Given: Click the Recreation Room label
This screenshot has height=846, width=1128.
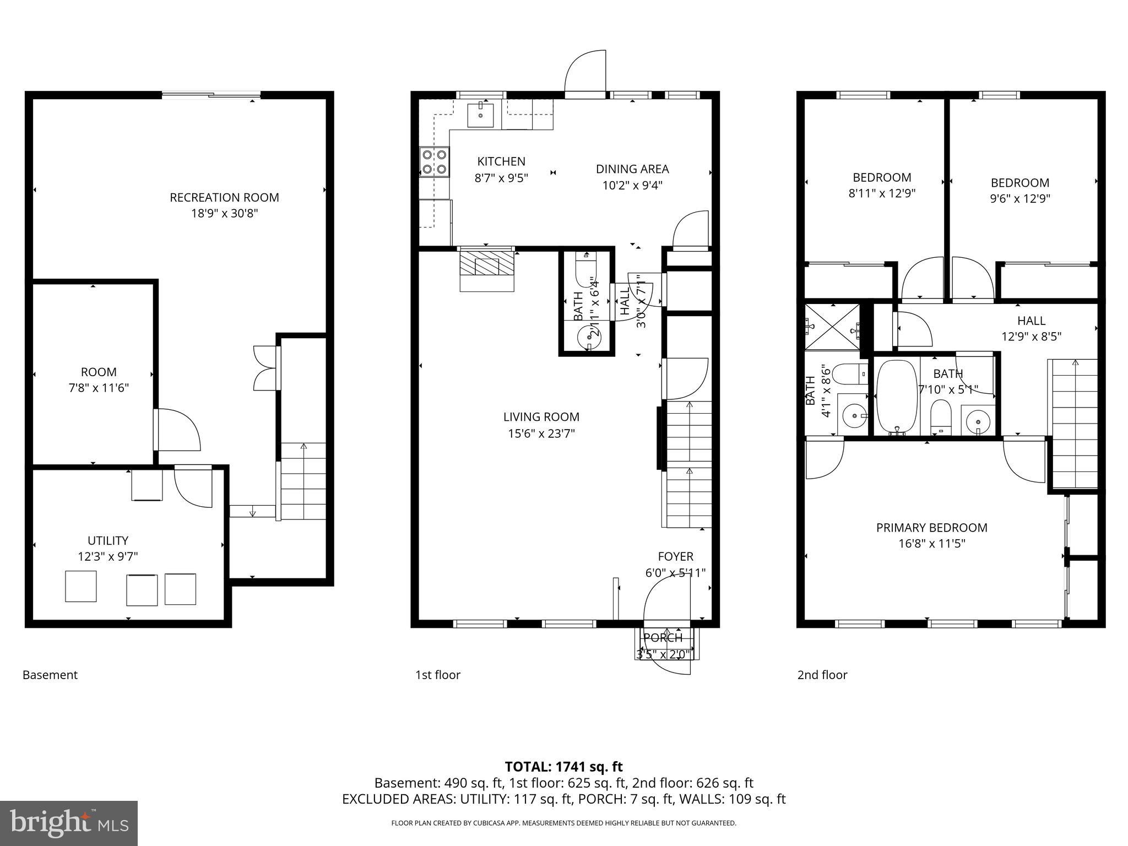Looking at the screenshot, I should click(224, 197).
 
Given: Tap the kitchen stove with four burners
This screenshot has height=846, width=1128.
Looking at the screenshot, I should click(434, 162).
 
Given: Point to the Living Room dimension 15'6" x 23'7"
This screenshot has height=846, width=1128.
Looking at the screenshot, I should click(541, 433).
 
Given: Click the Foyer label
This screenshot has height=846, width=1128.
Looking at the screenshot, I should click(675, 556).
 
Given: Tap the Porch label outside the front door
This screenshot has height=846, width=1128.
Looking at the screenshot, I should click(663, 638).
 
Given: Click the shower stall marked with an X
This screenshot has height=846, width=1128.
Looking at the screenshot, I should click(832, 327).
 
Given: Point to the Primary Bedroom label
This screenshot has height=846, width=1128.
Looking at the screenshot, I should click(931, 528).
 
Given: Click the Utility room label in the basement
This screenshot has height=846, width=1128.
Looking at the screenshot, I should click(108, 540).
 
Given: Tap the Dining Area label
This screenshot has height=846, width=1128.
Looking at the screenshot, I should click(632, 169).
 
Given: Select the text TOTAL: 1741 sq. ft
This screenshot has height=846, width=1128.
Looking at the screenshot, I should click(563, 767).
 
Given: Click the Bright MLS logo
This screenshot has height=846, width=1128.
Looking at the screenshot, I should click(69, 823).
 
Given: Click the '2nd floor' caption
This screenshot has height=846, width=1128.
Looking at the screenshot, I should click(822, 675).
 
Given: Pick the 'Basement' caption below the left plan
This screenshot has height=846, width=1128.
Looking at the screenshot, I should click(50, 675).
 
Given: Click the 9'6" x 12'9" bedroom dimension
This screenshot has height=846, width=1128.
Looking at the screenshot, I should click(1019, 199).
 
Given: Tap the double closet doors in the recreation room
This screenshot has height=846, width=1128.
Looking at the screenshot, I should click(265, 368).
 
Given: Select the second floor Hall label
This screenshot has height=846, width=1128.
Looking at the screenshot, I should click(1031, 321).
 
